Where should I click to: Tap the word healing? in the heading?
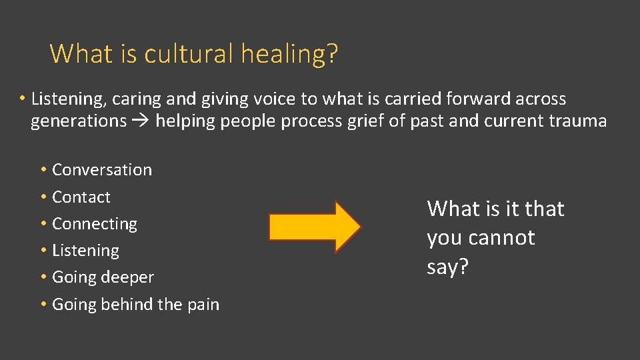[289, 53]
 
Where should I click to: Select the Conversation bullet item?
[101, 170]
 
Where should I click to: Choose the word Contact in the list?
[81, 197]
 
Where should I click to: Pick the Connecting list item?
[94, 224]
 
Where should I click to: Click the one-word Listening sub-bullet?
[85, 251]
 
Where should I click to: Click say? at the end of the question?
[447, 267]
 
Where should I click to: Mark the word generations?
[79, 121]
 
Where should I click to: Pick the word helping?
[183, 121]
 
